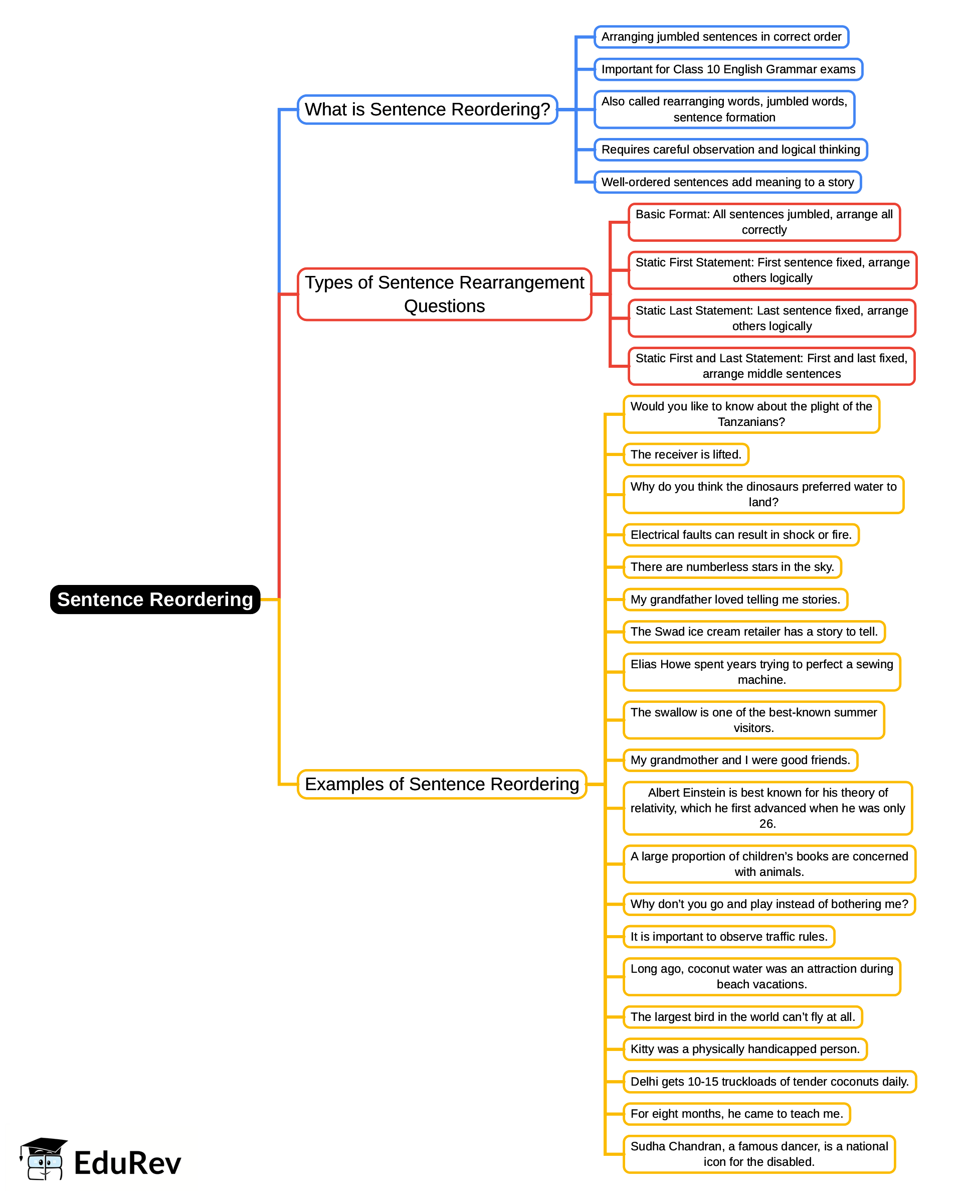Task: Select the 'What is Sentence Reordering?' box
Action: tap(427, 109)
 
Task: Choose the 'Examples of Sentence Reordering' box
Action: tap(442, 784)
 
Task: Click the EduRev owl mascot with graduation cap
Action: tap(44, 1159)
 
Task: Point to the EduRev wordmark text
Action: tap(128, 1164)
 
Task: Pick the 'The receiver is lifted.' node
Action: tap(685, 454)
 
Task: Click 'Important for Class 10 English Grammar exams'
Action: tap(728, 69)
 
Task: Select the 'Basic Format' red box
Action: tap(763, 222)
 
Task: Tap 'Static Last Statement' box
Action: tap(771, 318)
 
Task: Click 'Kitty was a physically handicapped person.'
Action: tap(744, 1049)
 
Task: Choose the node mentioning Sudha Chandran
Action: tap(759, 1154)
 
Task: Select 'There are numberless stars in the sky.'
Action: tap(731, 567)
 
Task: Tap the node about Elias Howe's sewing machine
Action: tap(761, 672)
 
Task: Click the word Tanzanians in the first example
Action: tap(750, 422)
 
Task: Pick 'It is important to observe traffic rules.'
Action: tap(728, 936)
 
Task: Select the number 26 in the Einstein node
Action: tap(767, 824)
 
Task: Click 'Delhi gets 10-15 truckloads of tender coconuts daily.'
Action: tap(769, 1081)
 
